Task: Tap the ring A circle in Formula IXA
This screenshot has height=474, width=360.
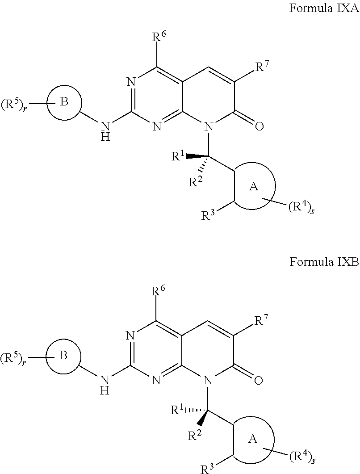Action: tap(254, 186)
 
